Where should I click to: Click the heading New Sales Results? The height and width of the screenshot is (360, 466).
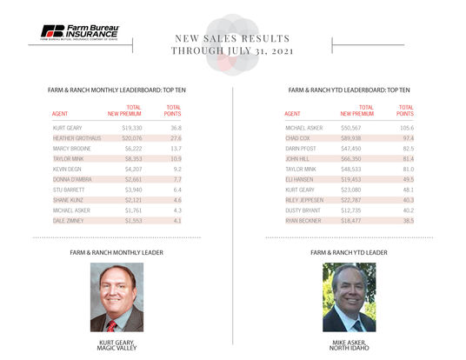(233, 39)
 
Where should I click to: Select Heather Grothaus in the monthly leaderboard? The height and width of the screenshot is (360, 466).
(77, 138)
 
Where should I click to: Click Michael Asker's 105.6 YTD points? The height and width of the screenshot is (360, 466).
(404, 127)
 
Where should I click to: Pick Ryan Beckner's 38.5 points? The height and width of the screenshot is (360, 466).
(406, 222)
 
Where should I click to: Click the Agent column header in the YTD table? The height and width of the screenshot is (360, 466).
(293, 114)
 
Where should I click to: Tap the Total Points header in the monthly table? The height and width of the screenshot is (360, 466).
(173, 110)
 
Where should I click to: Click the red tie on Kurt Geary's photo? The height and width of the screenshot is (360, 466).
(111, 324)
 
